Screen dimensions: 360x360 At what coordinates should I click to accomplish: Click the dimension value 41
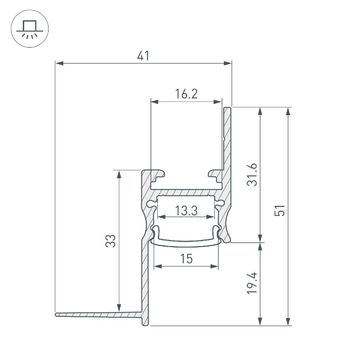[x=143, y=56]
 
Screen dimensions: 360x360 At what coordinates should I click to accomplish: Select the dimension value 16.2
[x=187, y=94]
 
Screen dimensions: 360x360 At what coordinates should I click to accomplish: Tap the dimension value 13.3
[x=187, y=211]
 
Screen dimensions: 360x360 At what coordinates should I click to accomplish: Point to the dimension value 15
[x=186, y=259]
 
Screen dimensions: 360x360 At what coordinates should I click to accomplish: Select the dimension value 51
[x=279, y=211]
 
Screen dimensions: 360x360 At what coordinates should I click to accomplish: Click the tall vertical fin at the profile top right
[x=227, y=138]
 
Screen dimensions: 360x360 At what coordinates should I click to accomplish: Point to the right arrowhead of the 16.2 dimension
[x=220, y=100]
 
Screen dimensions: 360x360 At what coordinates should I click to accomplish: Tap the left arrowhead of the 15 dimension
[x=157, y=265]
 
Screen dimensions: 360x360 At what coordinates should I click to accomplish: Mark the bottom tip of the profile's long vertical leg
[x=144, y=324]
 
